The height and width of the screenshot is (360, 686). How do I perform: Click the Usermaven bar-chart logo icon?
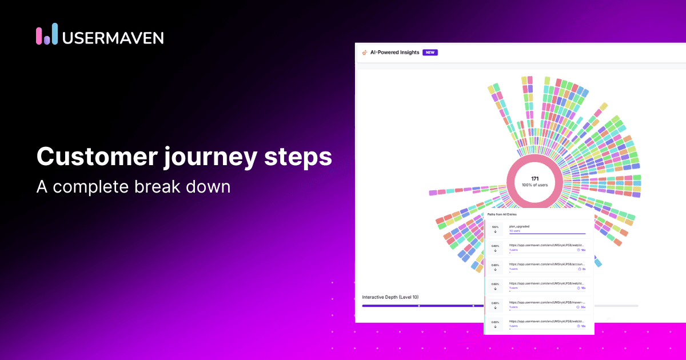(47, 34)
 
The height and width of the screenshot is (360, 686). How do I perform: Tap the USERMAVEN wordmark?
(113, 38)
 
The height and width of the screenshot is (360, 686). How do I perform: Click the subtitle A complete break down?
(133, 186)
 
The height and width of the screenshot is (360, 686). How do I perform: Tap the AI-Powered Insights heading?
(394, 53)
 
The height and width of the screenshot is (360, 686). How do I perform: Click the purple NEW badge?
(430, 53)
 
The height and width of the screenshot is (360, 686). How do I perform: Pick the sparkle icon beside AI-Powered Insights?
(365, 53)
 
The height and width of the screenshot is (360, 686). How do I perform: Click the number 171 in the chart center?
(535, 179)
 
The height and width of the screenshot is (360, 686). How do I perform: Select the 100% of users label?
(535, 186)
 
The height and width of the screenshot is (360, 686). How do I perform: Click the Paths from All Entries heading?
(502, 214)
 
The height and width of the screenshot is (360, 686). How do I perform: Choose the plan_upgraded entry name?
(519, 226)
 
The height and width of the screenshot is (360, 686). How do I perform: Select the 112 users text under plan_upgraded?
(515, 231)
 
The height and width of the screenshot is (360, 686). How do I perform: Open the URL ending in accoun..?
(547, 264)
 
